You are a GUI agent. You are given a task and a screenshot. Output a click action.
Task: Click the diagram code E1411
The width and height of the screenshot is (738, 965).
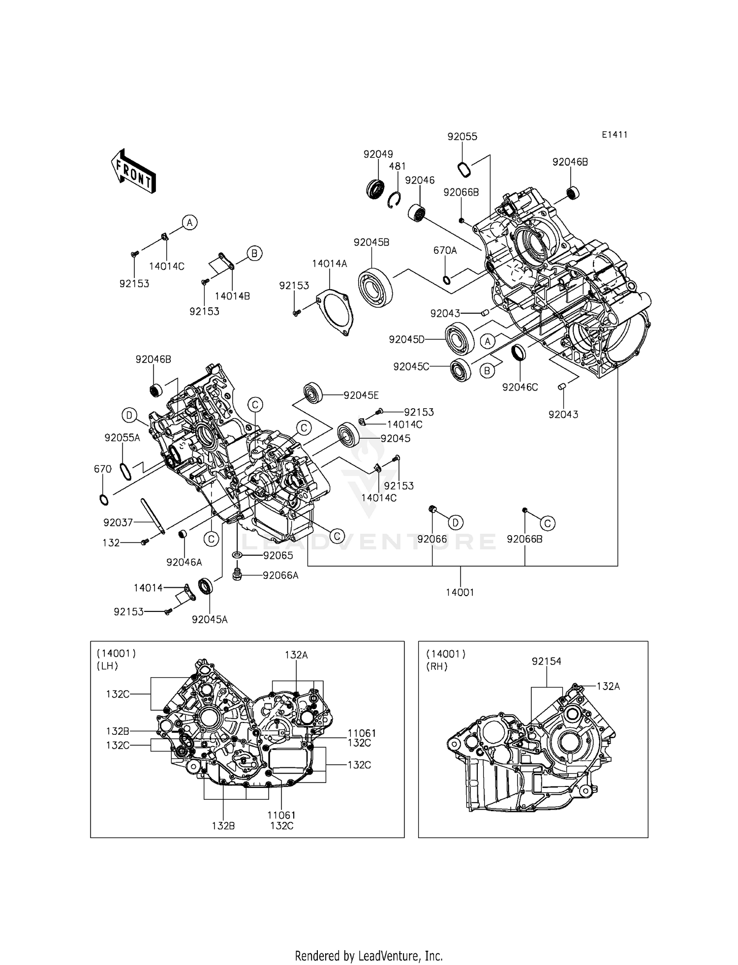coord(614,135)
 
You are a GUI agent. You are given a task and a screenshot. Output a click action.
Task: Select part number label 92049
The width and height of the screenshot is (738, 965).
coord(378,154)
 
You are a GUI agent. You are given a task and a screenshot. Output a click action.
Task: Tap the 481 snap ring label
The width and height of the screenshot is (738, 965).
coord(397,166)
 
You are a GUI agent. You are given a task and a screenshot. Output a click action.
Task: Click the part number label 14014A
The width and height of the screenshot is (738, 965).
coord(329,264)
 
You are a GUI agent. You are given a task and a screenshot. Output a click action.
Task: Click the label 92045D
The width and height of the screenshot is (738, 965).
coord(406,339)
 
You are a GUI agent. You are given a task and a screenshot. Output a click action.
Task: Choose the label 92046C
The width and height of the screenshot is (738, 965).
coord(520,387)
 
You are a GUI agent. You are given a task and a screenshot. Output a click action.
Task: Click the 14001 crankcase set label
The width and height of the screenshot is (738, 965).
coord(460,593)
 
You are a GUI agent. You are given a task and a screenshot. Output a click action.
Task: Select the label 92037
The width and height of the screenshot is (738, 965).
coord(118,522)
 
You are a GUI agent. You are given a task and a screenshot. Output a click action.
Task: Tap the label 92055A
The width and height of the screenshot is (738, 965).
coord(122,437)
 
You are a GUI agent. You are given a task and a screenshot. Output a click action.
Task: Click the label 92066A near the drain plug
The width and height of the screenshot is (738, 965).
coord(280,575)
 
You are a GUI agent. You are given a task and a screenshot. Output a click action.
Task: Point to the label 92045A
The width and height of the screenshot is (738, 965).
coord(210,619)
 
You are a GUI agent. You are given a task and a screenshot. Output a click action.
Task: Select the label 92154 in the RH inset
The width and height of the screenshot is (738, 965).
coord(546,662)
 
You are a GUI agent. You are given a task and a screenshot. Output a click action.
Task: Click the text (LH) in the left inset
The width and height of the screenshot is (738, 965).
coord(107,666)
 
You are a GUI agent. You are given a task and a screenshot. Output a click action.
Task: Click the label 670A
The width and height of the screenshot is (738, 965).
coord(445,250)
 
